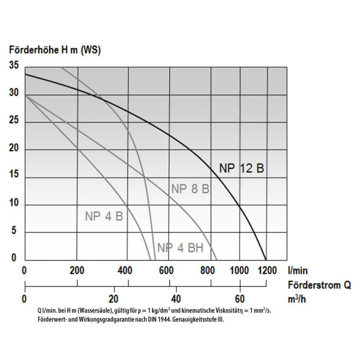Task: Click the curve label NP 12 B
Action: click(241, 169)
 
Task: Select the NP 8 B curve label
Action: click(190, 189)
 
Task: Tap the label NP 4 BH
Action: click(180, 248)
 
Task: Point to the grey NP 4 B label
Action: click(104, 216)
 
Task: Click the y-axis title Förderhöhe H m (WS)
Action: click(55, 50)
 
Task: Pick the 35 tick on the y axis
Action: click(13, 65)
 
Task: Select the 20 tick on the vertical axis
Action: click(13, 149)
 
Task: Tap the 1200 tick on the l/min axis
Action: click(266, 270)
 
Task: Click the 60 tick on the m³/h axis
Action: click(239, 299)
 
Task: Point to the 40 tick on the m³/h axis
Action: click(175, 299)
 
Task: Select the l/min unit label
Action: click(298, 269)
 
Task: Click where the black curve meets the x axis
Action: click(266, 260)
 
